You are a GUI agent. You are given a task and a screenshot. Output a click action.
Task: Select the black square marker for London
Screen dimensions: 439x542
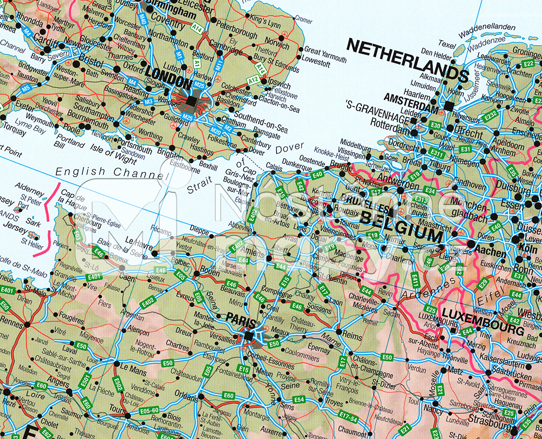(191, 101)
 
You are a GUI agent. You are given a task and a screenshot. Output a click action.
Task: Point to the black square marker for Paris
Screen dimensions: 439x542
(249, 337)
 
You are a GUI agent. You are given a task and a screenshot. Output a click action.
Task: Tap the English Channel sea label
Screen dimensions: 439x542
(109, 172)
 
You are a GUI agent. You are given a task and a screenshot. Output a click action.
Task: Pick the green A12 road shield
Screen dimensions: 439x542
(253, 80)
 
